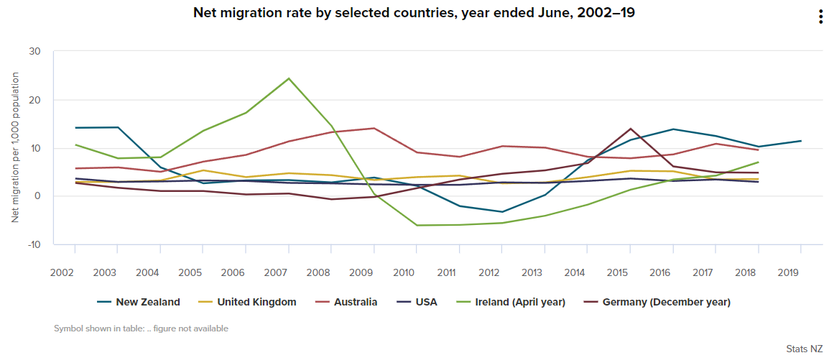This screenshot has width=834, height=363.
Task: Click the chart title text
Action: click(x=414, y=13)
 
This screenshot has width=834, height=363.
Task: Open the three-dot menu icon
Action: click(x=820, y=17)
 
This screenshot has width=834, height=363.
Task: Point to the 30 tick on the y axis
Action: click(x=35, y=52)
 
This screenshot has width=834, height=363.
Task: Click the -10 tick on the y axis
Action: click(x=34, y=244)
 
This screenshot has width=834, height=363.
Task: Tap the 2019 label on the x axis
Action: click(x=788, y=272)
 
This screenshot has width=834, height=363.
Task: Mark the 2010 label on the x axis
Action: click(x=404, y=272)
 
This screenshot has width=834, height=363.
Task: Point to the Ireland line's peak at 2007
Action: click(x=288, y=78)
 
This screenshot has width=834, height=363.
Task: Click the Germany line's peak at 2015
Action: click(x=630, y=129)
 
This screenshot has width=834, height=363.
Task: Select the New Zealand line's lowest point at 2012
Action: click(x=502, y=212)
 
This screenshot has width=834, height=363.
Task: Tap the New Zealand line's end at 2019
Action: click(x=801, y=141)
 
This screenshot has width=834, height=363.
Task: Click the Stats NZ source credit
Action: click(x=804, y=349)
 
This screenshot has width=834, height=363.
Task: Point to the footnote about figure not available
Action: click(x=141, y=328)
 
